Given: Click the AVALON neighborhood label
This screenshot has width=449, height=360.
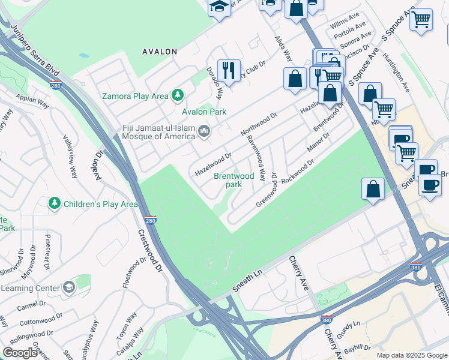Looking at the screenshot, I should [x=160, y=52].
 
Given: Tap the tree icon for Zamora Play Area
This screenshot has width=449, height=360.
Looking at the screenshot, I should [x=177, y=95].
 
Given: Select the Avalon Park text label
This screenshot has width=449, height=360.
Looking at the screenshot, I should [x=204, y=112].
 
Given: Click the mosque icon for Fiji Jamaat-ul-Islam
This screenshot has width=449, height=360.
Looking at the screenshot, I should [x=204, y=131].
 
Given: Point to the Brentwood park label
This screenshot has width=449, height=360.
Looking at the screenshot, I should [x=234, y=180].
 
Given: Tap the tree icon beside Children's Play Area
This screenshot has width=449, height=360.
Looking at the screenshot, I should [x=55, y=204].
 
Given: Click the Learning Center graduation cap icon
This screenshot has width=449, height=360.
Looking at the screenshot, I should [x=68, y=287].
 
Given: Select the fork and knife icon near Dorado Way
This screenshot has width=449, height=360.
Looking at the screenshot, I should [x=229, y=70].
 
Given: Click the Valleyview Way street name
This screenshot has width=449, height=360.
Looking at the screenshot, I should [x=70, y=155].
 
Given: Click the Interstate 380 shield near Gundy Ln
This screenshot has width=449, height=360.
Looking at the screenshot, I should [x=326, y=320].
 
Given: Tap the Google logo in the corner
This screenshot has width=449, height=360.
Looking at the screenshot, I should [x=20, y=353].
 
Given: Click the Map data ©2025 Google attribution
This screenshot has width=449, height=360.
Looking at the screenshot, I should [x=411, y=355].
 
